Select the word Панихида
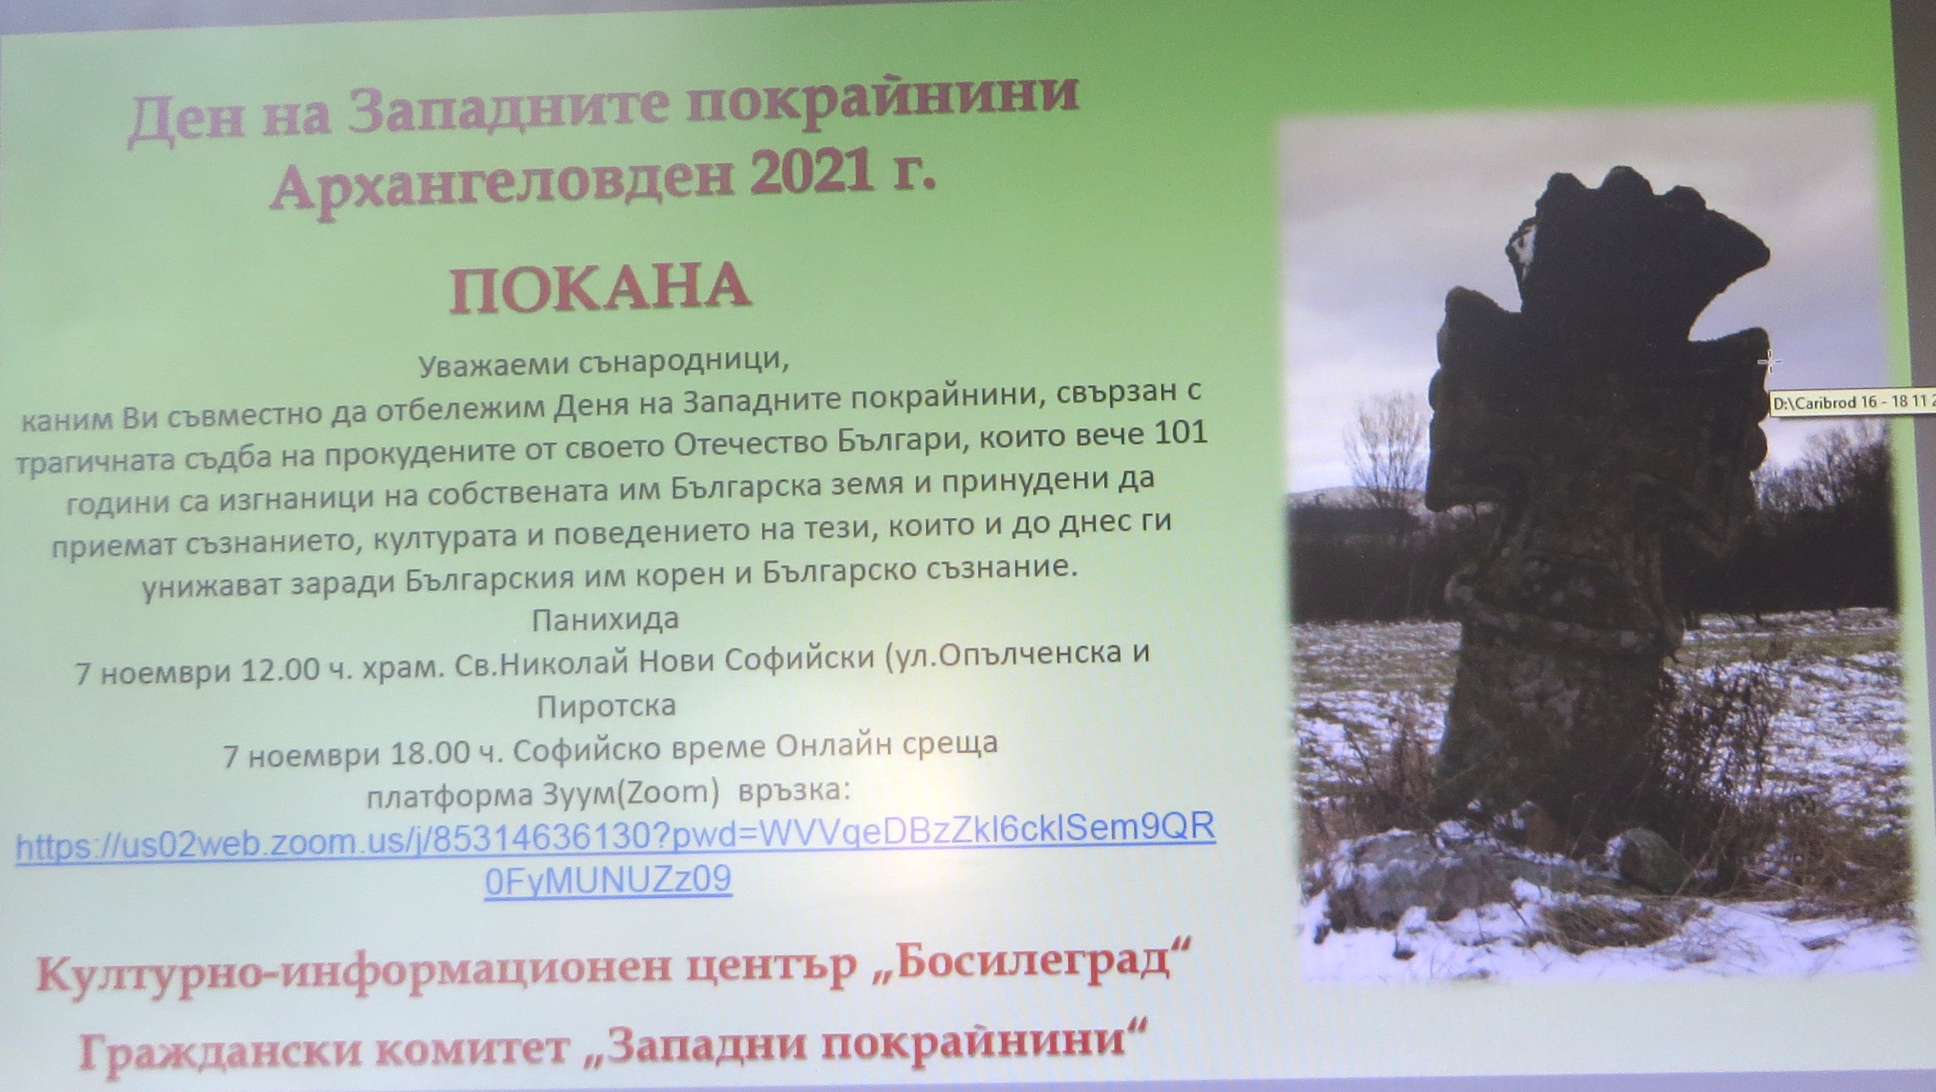[606, 620]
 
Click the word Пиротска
[606, 707]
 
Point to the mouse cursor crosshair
[1770, 363]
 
